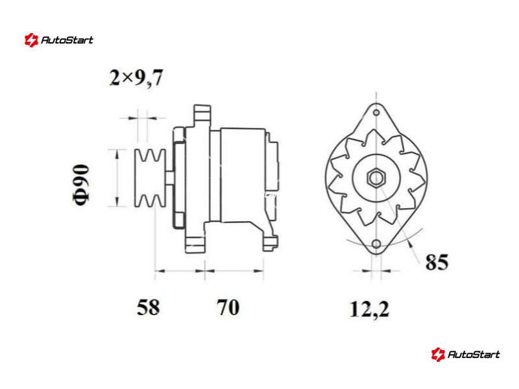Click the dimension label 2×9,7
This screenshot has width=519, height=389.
(136, 78)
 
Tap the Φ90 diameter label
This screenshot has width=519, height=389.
(80, 185)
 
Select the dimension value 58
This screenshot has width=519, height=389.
(148, 307)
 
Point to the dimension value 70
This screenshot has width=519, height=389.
(228, 307)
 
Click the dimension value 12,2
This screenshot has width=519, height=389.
(369, 310)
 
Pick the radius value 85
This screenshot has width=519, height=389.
(437, 262)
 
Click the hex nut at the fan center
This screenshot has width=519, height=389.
(376, 178)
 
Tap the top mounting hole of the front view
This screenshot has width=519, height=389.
(376, 113)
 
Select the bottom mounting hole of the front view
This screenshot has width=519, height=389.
(376, 244)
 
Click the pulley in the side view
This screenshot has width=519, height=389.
(150, 178)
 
